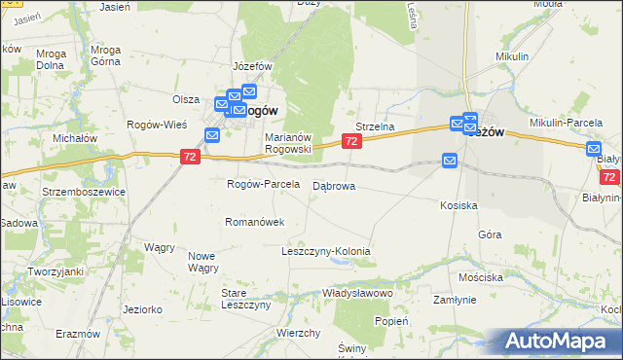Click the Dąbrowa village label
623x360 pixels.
point(334,185)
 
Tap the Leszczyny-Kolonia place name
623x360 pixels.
point(326,251)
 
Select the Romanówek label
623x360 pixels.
point(254,222)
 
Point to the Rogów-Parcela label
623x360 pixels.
point(262,185)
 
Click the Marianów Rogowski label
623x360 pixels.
point(288,143)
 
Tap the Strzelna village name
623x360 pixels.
point(374,126)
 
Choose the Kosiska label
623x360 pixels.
point(458,206)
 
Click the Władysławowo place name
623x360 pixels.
point(357,293)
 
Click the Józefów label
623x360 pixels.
point(250,66)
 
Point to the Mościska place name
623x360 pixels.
point(482,277)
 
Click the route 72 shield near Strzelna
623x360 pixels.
point(352,142)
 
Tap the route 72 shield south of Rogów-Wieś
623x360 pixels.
point(191,156)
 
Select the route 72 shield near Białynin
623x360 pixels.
point(610,178)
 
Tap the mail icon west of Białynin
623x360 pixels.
point(595,149)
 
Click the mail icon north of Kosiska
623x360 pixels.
point(451,160)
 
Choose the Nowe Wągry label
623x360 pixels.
point(202,262)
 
